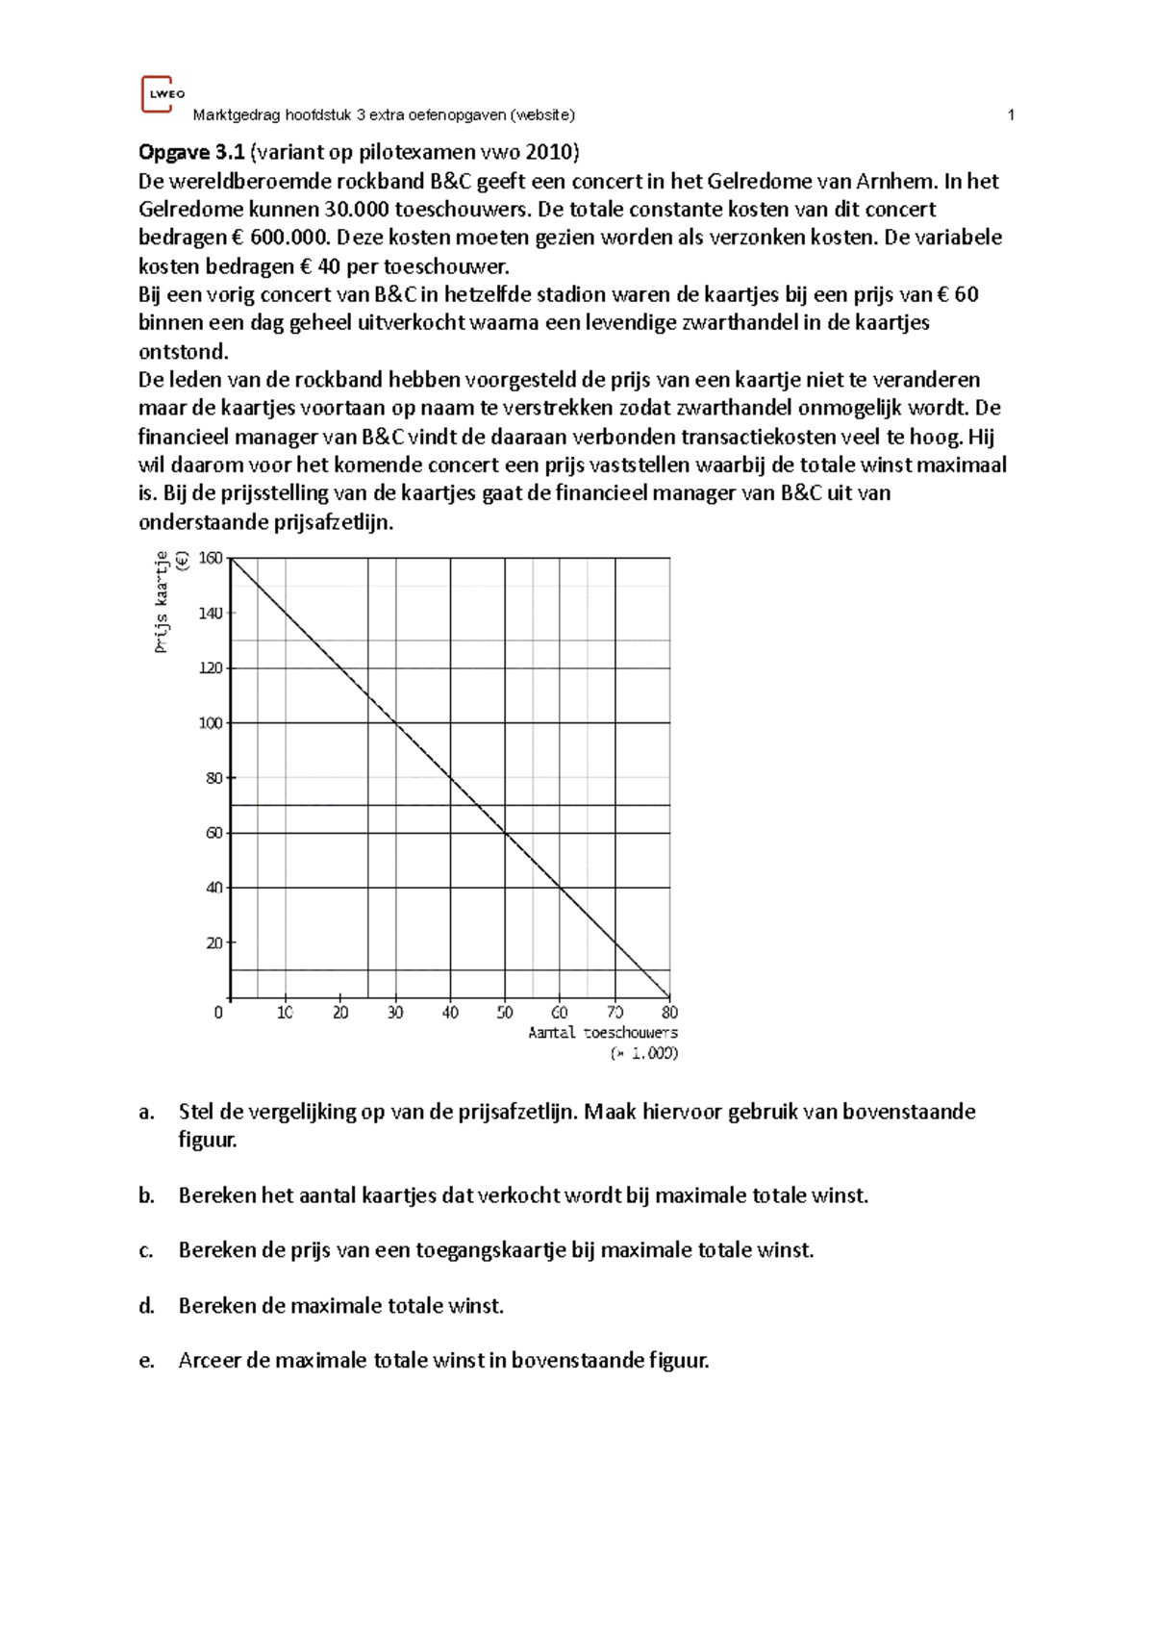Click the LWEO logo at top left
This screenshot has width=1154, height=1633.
point(161,94)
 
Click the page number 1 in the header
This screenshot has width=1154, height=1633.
point(1011,115)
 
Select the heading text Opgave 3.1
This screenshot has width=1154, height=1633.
point(191,152)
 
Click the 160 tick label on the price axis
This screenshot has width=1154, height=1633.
point(211,558)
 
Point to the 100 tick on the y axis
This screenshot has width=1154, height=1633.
point(211,723)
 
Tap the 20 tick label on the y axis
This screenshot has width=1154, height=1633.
point(214,943)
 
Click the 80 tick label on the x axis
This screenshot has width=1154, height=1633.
point(669,1013)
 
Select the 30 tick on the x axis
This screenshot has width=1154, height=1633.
point(395,1013)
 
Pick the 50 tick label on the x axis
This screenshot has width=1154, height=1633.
point(505,1013)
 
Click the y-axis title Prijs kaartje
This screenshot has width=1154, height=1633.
point(162,602)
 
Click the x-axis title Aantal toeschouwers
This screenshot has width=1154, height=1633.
point(602,1033)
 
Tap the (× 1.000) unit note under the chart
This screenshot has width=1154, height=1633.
point(644,1053)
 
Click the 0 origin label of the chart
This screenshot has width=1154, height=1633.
point(218,1013)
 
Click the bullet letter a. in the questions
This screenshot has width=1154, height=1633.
point(146,1113)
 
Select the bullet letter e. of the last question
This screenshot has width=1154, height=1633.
point(146,1361)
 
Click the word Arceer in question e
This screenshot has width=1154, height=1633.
point(209,1361)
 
